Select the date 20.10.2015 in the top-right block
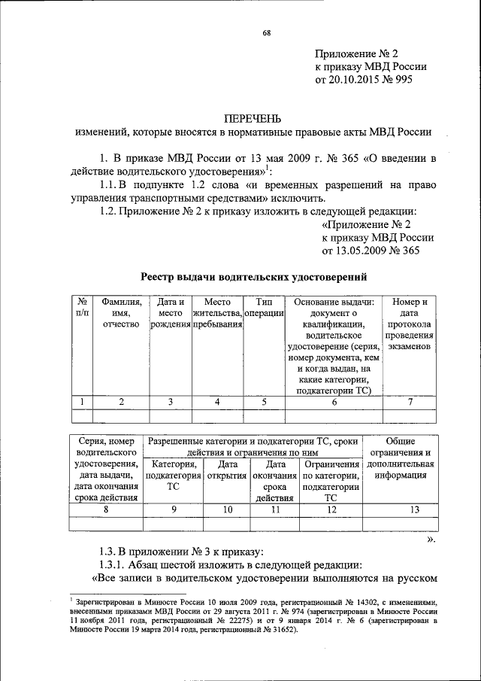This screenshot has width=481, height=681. (x=351, y=78)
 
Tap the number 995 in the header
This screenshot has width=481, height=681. (x=402, y=78)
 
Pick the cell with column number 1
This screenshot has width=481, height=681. (x=81, y=402)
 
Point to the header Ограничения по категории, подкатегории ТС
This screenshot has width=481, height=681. (x=331, y=481)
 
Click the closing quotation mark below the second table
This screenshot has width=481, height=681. (x=431, y=538)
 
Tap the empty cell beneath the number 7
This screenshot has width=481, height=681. (x=410, y=415)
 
